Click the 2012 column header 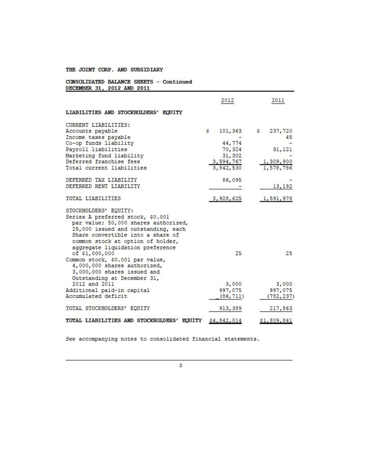(x=227, y=101)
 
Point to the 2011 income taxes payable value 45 (x=288, y=137)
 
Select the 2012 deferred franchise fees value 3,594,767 (x=227, y=162)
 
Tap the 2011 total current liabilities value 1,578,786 (x=276, y=168)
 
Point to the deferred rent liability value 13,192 (x=282, y=186)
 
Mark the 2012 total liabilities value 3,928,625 (x=227, y=198)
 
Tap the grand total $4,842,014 (x=227, y=321)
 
